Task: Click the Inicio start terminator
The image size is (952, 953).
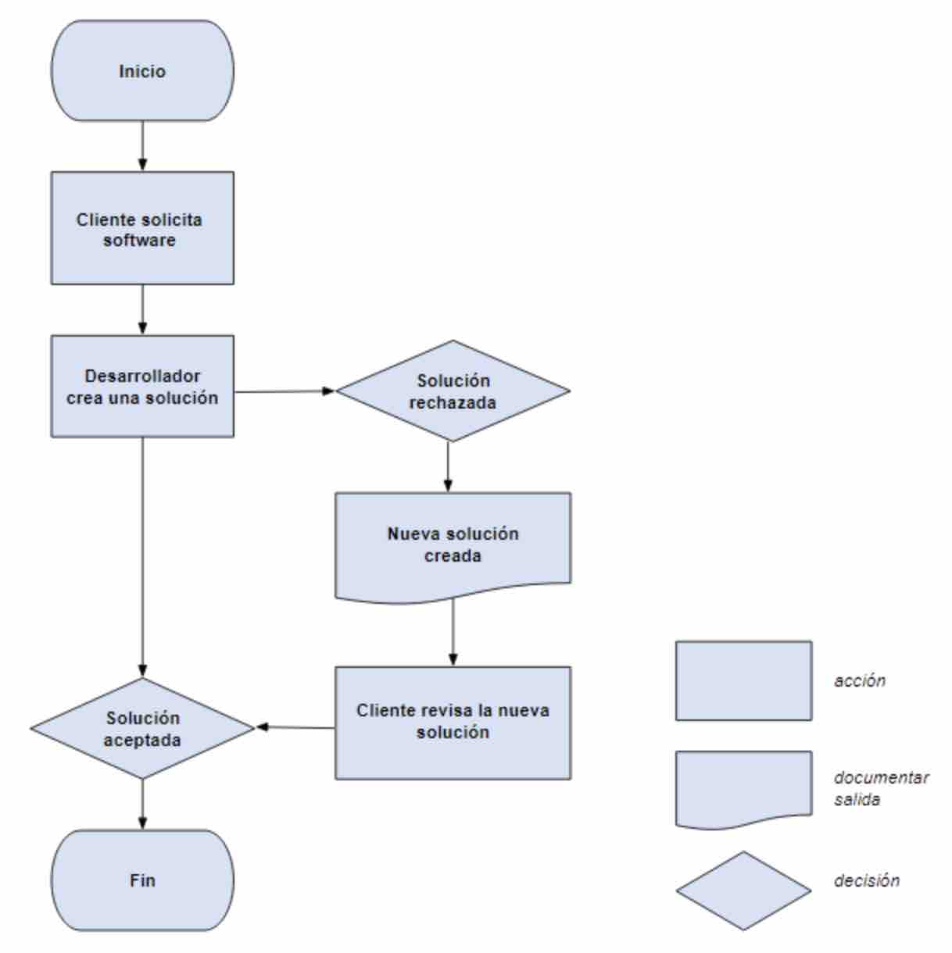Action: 142,71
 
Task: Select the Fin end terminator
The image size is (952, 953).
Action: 142,880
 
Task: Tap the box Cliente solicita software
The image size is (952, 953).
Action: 142,229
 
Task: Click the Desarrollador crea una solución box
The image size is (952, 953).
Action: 142,387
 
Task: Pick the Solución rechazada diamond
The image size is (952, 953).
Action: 453,391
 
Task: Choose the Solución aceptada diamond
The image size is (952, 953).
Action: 142,728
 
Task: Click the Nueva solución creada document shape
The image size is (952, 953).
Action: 453,545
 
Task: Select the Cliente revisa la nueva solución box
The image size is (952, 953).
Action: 453,722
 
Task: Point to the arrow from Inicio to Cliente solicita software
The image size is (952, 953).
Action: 142,146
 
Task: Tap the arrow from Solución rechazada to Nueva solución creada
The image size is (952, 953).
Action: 448,466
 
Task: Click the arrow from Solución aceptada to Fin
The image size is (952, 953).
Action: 142,804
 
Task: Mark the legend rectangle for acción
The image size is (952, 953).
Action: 743,680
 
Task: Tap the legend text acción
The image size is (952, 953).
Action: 860,680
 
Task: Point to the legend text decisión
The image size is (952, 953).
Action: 867,880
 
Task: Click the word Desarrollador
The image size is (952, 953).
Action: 142,376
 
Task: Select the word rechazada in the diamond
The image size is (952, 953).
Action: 453,403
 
